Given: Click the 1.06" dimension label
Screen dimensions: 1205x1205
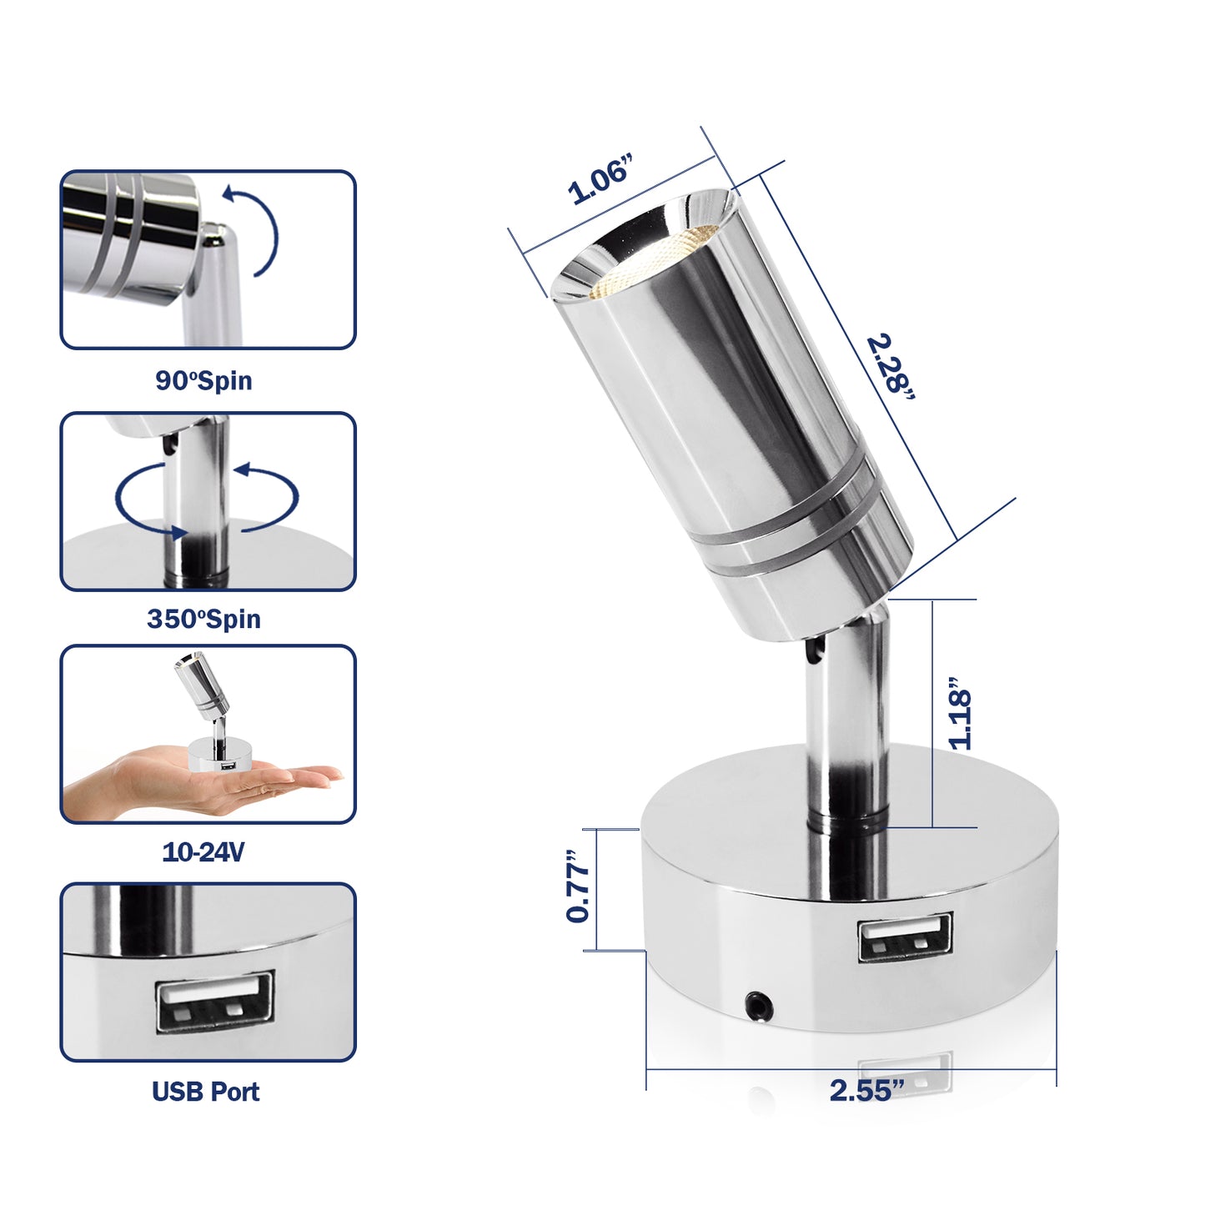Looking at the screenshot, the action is tap(600, 180).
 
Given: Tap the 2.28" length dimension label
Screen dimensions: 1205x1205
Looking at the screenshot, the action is tap(891, 368).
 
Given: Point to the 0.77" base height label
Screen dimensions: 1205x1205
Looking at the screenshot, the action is tap(577, 886).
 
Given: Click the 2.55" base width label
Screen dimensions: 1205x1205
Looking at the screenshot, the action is tap(867, 1091).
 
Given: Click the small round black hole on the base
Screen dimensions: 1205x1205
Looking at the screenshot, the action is tap(759, 1006).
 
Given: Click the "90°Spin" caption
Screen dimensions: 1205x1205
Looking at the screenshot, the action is tap(203, 380).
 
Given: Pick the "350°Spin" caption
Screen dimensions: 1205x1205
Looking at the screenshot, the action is tap(203, 619).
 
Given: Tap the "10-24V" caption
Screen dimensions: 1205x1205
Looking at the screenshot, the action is tap(203, 851).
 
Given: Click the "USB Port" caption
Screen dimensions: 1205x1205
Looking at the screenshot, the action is tap(206, 1091).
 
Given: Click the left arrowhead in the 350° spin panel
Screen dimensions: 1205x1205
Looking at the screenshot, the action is tap(178, 533).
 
